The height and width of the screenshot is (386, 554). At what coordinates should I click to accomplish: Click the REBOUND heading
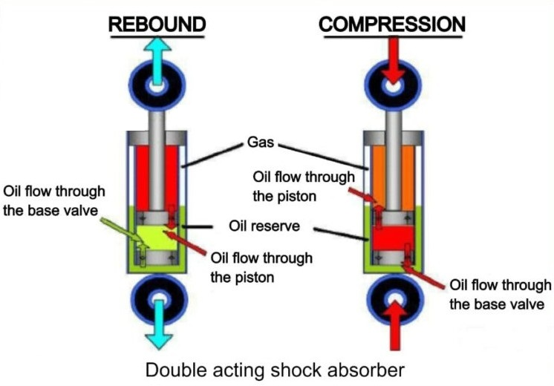(x=157, y=24)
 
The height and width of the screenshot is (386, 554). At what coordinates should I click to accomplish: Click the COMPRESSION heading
(x=392, y=24)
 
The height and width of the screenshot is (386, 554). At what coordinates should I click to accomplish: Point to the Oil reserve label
(x=269, y=226)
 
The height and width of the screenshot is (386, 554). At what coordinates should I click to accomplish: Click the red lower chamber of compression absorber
(x=390, y=241)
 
